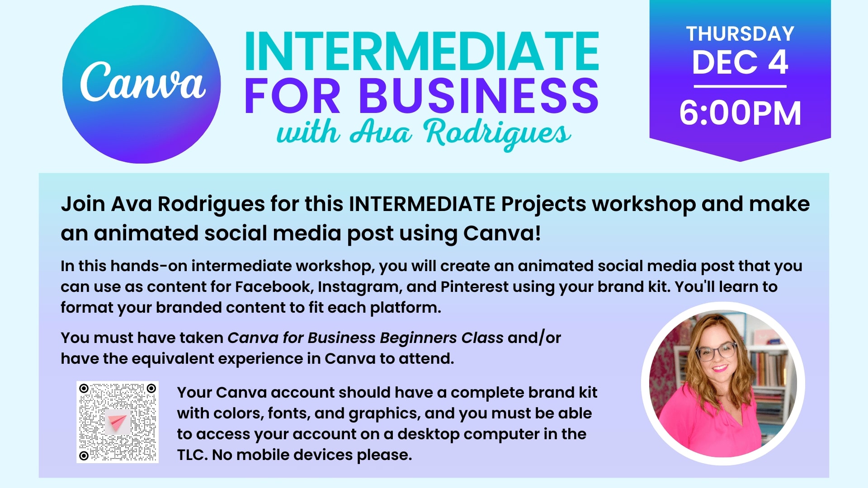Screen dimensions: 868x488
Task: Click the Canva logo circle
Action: click(x=142, y=84)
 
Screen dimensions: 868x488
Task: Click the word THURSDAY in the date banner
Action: click(x=740, y=34)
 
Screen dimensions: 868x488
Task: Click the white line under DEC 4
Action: click(x=740, y=86)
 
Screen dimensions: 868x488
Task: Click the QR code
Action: click(x=118, y=422)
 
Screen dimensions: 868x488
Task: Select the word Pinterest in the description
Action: click(x=474, y=286)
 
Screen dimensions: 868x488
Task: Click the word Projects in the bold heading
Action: click(x=544, y=205)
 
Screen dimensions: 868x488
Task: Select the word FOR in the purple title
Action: click(x=292, y=95)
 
